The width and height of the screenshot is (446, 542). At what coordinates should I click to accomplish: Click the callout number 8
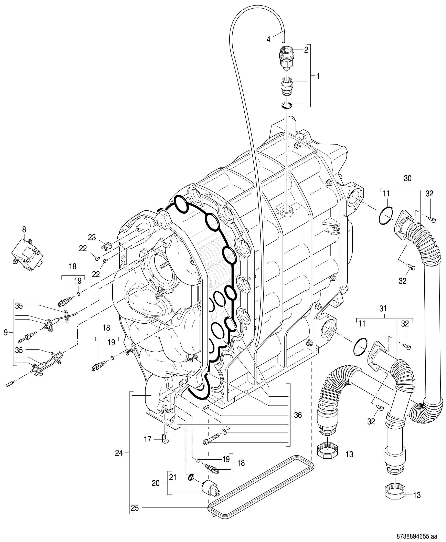coord(24,229)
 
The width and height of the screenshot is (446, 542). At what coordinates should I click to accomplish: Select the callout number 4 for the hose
coord(268,39)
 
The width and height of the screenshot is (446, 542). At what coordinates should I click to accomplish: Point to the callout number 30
coord(407,179)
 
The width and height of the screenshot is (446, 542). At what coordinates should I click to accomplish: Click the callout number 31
coord(383,309)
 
